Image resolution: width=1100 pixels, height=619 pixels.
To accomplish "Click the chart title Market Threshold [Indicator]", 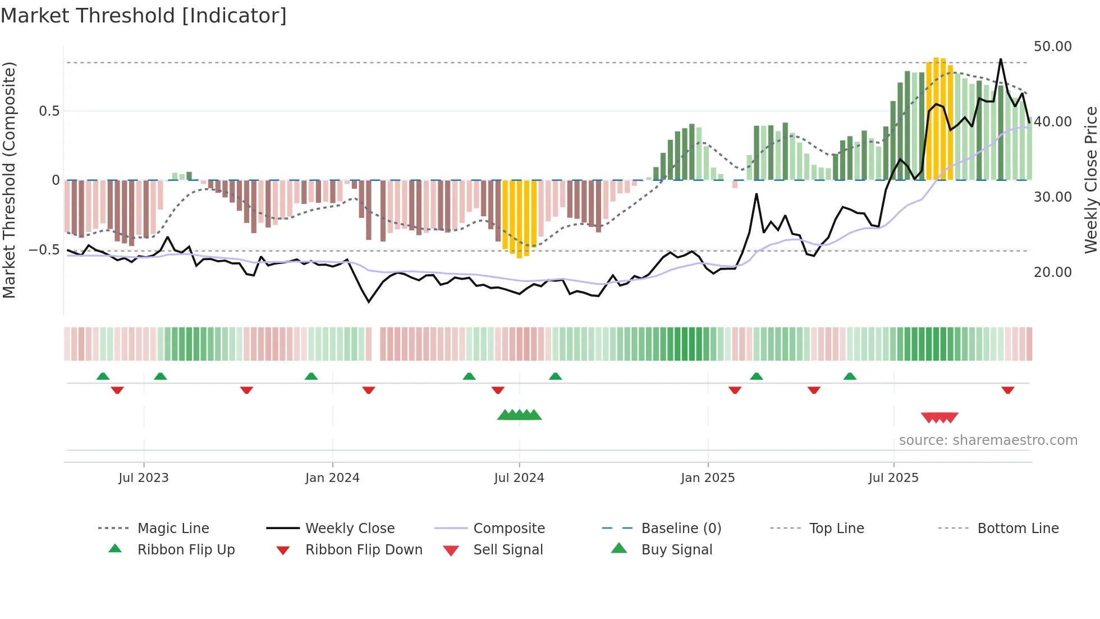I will [144, 16].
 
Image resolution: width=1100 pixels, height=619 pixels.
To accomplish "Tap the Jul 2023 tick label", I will [143, 478].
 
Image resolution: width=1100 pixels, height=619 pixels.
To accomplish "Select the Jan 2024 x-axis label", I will [332, 478].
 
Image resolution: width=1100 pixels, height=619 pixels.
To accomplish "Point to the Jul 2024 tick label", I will [519, 478].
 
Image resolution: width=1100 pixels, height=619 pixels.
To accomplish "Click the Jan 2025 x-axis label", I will [708, 478].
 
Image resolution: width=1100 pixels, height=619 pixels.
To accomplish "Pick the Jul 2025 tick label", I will [893, 478].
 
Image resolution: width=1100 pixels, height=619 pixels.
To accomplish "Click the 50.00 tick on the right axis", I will [1052, 47].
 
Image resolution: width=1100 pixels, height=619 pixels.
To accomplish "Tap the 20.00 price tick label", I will [1052, 272].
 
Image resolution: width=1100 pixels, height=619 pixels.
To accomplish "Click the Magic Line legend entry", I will [173, 529].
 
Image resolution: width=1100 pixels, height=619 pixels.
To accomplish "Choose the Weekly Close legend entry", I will [350, 529].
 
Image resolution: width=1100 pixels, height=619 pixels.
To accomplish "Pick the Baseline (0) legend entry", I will [681, 529].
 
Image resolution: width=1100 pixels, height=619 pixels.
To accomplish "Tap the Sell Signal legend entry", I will [508, 550].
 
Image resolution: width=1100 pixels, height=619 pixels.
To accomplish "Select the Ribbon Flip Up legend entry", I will [186, 550].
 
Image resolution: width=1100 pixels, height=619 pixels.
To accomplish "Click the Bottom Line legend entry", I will [1017, 529].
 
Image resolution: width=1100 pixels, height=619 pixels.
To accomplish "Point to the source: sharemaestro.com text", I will [988, 440].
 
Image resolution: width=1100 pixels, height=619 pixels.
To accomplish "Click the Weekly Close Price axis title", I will [1090, 180].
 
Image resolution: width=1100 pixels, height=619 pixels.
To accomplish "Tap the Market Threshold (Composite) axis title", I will [9, 180].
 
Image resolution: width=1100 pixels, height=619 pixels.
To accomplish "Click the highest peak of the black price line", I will [1000, 60].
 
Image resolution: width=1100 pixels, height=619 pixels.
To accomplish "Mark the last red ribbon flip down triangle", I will [1008, 390].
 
